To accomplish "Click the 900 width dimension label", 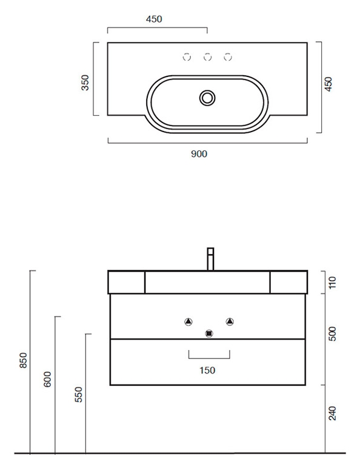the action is (x=199, y=154).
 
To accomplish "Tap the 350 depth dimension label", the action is (x=85, y=82).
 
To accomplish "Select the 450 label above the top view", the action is (x=154, y=19).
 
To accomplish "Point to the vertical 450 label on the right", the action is (x=328, y=84).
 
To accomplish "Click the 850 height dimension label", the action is (x=24, y=360).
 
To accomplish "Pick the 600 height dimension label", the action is (x=47, y=379).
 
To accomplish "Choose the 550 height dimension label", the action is (x=78, y=394).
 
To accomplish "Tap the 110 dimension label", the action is (x=333, y=283).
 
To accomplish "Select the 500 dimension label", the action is (x=333, y=334).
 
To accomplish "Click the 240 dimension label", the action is (x=333, y=414).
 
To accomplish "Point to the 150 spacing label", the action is (x=207, y=371).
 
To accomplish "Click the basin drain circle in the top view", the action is (x=207, y=98).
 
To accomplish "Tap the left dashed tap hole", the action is (x=187, y=56).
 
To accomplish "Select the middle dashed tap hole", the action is (x=207, y=56).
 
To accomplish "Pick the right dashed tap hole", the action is (x=228, y=56).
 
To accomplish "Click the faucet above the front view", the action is (x=210, y=259).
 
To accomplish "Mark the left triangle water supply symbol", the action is (x=188, y=322).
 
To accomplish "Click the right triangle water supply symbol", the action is (x=230, y=322).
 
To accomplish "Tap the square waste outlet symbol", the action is (x=208, y=334).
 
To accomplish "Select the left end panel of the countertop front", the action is (x=127, y=283).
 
